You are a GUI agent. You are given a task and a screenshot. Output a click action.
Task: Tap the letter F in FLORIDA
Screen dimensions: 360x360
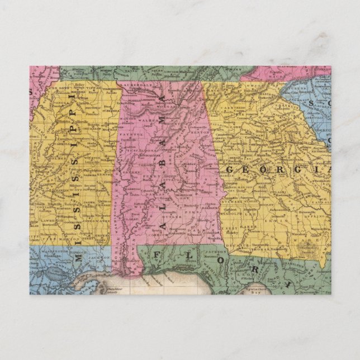[x=157, y=254]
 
